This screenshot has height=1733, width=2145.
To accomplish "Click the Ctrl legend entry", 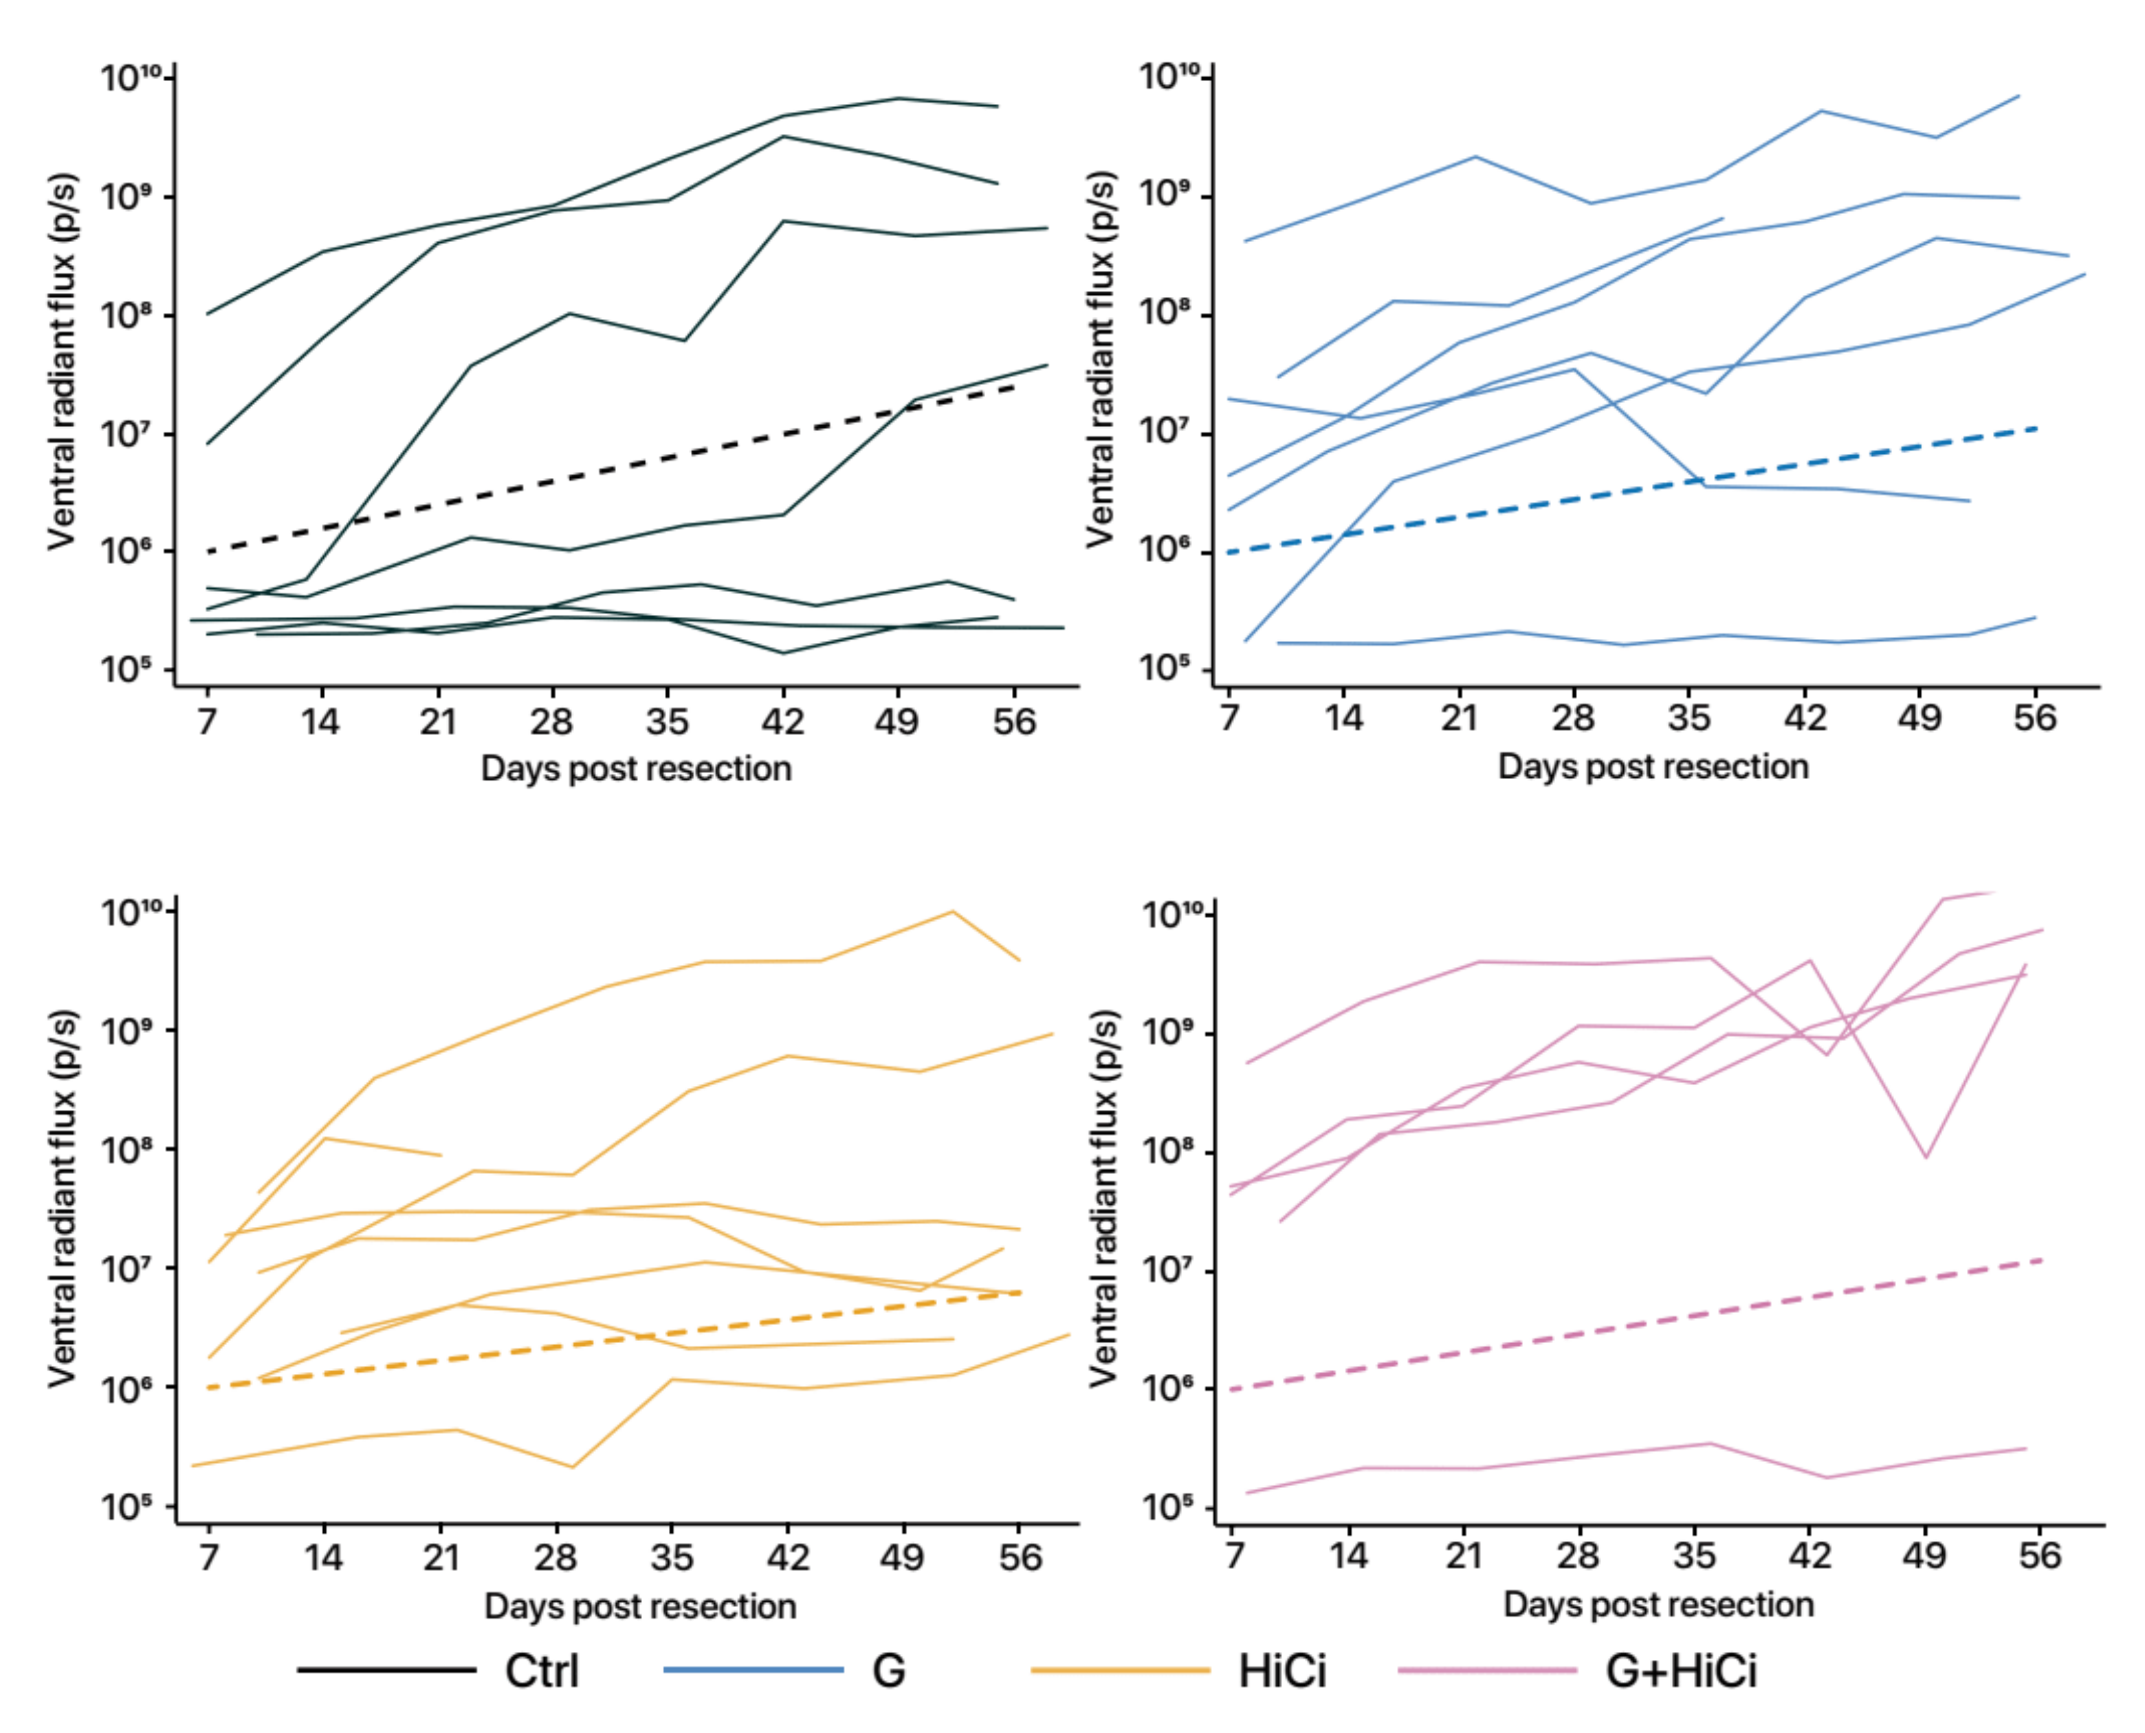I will [x=541, y=1671].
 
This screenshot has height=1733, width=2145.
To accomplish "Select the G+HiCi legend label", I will [x=1681, y=1671].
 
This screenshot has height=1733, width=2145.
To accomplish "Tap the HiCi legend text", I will [x=1283, y=1671].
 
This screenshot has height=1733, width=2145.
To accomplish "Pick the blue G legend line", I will [x=753, y=1669].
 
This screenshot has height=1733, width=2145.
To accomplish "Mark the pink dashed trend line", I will [x=1637, y=1325].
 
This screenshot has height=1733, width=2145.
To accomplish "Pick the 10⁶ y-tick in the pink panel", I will [x=1168, y=1388].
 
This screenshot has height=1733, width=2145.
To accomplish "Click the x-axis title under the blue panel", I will [x=1653, y=767].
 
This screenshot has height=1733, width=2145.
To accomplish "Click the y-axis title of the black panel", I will [x=62, y=361].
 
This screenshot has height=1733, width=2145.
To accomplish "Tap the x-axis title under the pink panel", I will [x=1658, y=1604].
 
